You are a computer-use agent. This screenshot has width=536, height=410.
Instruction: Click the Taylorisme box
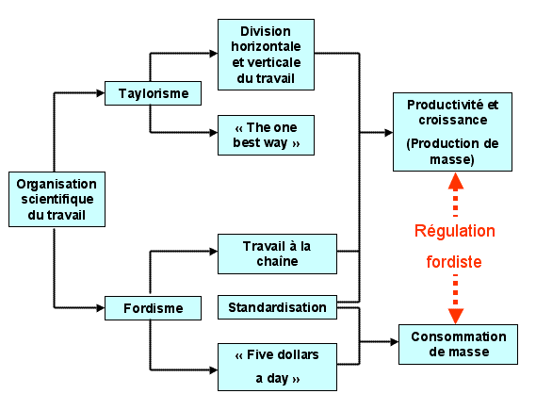[153, 93]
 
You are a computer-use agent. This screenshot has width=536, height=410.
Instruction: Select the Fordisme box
[153, 308]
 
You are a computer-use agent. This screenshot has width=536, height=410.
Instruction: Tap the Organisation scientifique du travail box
[57, 200]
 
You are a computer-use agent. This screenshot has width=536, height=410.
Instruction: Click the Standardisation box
[277, 307]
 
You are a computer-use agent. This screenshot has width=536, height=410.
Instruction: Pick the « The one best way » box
[266, 135]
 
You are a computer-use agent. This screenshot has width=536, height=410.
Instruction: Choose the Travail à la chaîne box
[277, 254]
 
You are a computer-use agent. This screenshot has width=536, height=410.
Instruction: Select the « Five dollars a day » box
[277, 367]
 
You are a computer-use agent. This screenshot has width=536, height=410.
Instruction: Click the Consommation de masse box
[458, 344]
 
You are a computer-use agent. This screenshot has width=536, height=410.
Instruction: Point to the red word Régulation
[455, 231]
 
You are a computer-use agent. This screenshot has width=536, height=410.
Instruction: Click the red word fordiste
[454, 262]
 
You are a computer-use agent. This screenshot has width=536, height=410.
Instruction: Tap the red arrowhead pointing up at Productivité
[455, 181]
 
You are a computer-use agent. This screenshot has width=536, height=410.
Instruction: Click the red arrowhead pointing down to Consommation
[455, 316]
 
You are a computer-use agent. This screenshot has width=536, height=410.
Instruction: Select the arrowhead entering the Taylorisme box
[101, 93]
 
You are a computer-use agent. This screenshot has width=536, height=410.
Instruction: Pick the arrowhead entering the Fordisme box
[101, 308]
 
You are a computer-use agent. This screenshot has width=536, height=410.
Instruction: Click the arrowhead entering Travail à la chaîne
[214, 252]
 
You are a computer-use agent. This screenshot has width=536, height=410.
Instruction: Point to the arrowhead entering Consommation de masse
[395, 341]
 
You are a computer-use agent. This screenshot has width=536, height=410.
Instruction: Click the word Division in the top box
[266, 31]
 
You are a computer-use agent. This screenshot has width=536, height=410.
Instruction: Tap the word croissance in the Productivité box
[453, 120]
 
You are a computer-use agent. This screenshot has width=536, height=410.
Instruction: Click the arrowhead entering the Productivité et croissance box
[389, 132]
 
